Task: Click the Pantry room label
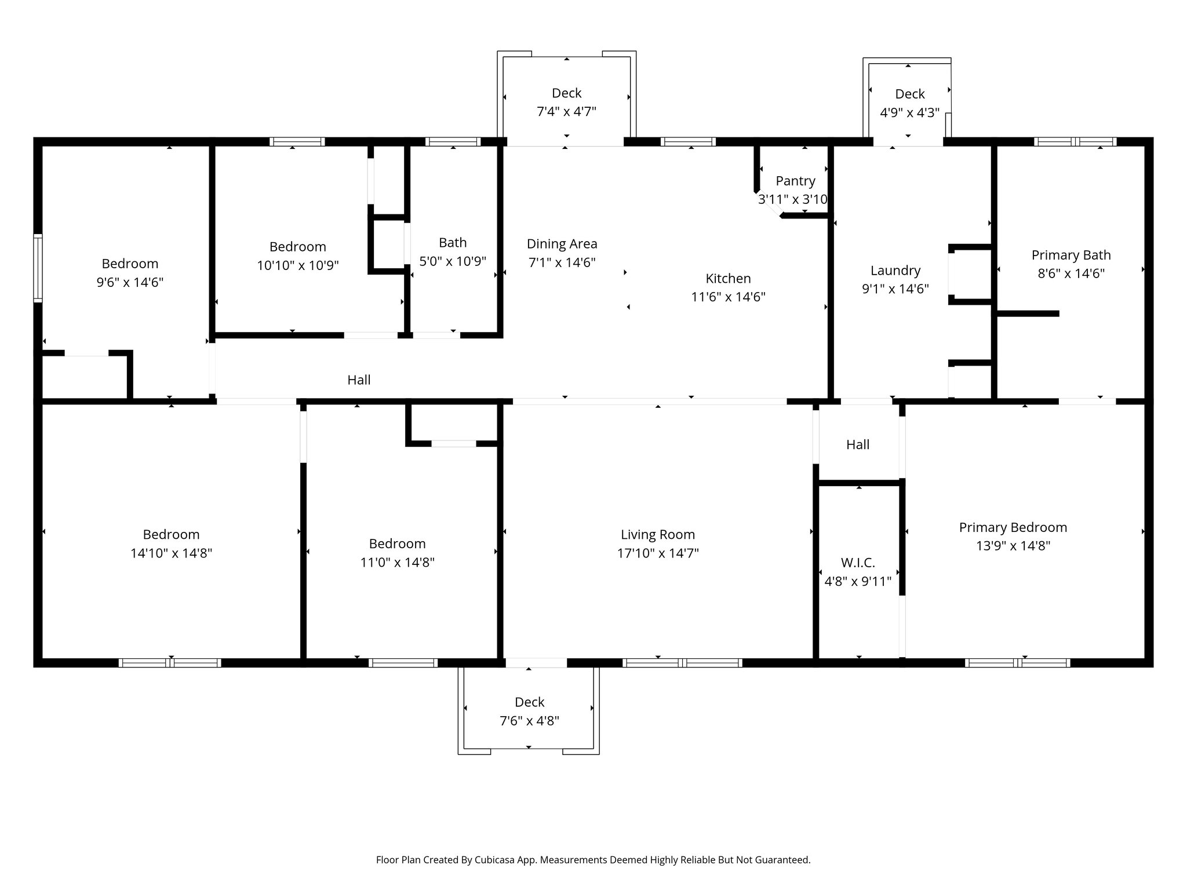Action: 795,181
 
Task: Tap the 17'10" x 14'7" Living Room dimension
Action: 657,553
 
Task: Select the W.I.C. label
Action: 858,563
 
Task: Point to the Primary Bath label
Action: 1071,255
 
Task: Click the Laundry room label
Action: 895,271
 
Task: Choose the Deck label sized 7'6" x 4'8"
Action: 529,702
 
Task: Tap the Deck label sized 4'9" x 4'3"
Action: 909,94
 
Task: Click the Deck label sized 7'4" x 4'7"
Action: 566,93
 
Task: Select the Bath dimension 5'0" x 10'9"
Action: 452,261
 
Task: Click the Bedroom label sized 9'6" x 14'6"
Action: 130,264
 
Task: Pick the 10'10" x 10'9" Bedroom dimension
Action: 297,265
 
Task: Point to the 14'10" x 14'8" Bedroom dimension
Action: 171,553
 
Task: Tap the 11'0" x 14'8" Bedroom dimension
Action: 397,563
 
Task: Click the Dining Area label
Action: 562,244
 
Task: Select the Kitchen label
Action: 728,279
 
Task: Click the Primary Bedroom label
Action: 1013,527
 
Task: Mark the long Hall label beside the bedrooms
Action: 359,380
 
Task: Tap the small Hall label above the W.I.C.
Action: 857,444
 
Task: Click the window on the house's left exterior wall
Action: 38,268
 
